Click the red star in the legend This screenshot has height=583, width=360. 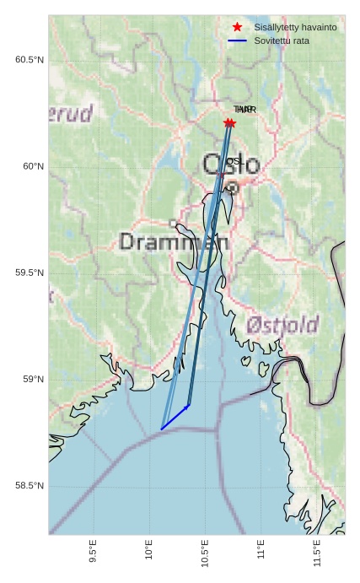(237, 27)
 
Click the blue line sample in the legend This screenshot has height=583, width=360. (237, 40)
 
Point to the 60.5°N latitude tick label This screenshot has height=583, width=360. (29, 59)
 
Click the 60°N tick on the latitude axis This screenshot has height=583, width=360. (33, 166)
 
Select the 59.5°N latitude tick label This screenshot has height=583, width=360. (29, 273)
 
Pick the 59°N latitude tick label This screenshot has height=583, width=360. (33, 379)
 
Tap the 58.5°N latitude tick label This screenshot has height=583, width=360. (29, 486)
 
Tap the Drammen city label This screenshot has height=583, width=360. (174, 242)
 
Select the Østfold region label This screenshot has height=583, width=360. (282, 325)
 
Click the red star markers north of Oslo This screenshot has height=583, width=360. (229, 123)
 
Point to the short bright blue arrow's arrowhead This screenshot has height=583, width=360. (189, 406)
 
